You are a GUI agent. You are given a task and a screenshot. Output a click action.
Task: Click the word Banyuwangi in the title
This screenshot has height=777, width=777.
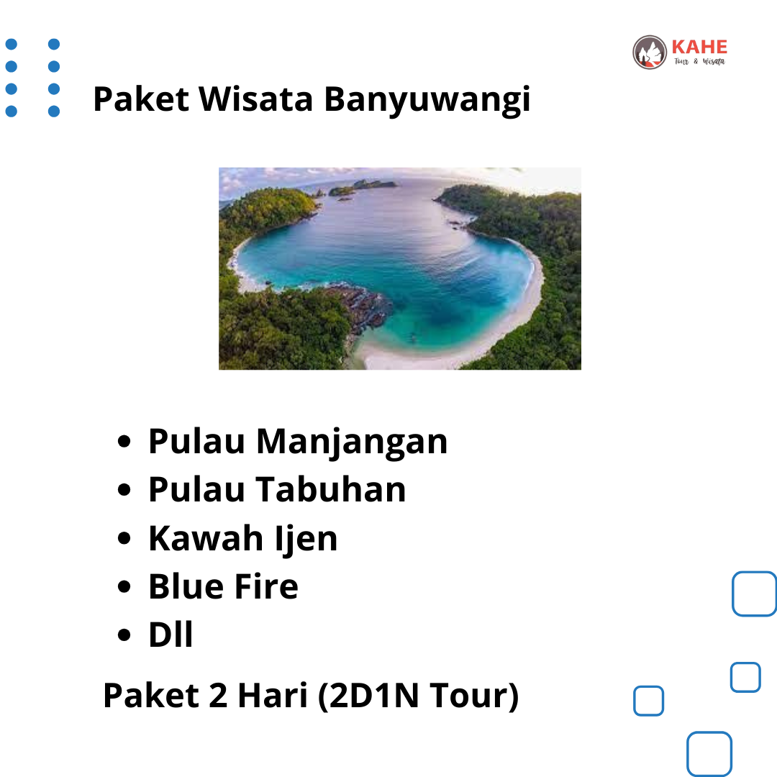click(x=427, y=101)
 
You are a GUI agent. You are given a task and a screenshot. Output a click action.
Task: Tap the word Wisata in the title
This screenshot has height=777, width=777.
click(x=256, y=99)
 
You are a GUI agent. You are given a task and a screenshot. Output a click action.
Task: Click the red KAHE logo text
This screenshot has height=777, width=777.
click(x=699, y=47)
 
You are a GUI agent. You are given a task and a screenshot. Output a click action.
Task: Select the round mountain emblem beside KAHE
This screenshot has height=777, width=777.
click(x=650, y=52)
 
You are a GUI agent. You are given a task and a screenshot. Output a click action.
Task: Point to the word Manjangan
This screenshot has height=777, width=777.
click(x=352, y=442)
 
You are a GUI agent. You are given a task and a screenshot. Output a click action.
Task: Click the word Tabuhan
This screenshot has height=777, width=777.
click(x=331, y=490)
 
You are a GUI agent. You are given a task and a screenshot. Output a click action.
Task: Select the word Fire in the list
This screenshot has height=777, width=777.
click(x=266, y=586)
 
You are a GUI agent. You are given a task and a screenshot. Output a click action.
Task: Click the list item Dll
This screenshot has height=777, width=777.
click(x=171, y=635)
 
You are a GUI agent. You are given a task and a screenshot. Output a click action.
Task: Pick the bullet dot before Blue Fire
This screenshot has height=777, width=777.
click(x=124, y=587)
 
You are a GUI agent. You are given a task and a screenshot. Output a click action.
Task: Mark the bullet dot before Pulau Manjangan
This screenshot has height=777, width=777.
click(x=124, y=441)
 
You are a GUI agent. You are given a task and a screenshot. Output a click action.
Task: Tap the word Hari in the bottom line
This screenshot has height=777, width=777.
click(x=273, y=695)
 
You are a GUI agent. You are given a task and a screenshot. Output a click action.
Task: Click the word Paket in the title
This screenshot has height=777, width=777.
click(x=141, y=99)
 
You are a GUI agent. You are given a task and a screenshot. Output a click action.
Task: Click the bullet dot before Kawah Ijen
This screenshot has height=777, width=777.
click(x=124, y=538)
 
